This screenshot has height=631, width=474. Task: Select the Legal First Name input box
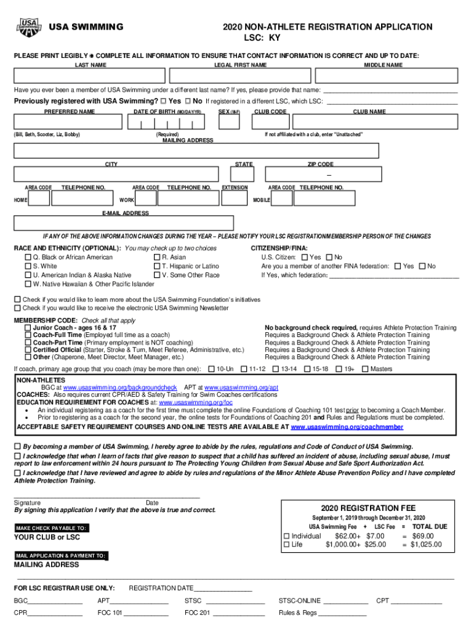[x=240, y=76]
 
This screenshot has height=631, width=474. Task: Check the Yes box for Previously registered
[x=164, y=101]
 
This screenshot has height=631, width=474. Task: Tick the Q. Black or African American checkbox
[x=28, y=258]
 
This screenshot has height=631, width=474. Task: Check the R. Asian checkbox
[x=158, y=258]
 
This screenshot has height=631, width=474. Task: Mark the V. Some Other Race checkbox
[x=158, y=275]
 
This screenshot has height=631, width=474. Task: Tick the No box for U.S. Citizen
[x=329, y=258]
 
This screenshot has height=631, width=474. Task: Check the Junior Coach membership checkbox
[x=28, y=328]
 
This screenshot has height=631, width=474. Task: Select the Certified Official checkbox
[x=28, y=350]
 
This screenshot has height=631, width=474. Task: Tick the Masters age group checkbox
[x=365, y=369]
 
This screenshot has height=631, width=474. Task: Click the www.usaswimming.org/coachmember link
[x=347, y=426]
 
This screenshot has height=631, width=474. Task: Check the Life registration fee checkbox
[x=286, y=545]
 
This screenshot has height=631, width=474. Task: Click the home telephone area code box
[x=39, y=198]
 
